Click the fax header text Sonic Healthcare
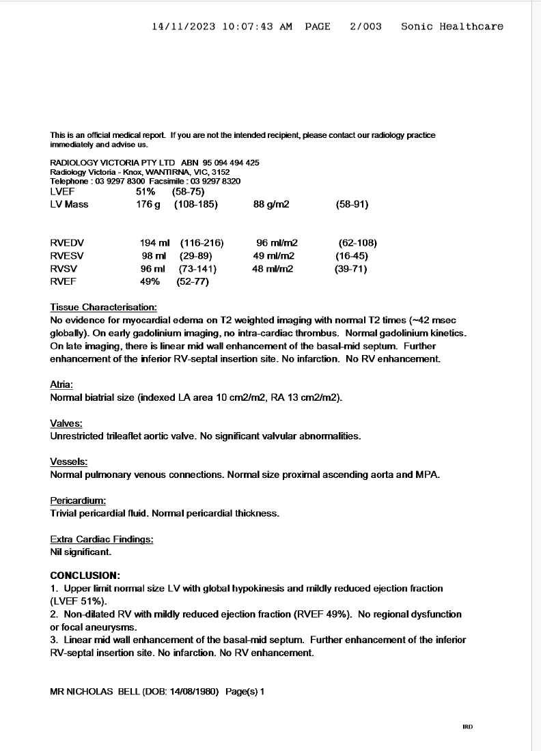(452, 27)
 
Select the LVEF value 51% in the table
(145, 192)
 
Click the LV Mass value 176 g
(148, 204)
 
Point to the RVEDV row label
(67, 243)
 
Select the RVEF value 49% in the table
(150, 281)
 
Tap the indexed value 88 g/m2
(271, 204)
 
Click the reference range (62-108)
(357, 243)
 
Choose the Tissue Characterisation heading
(104, 307)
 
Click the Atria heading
(61, 385)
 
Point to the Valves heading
(66, 423)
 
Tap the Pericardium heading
(78, 500)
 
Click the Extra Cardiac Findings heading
(102, 539)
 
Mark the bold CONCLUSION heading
(85, 575)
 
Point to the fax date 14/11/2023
(183, 27)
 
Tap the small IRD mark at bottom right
(468, 727)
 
